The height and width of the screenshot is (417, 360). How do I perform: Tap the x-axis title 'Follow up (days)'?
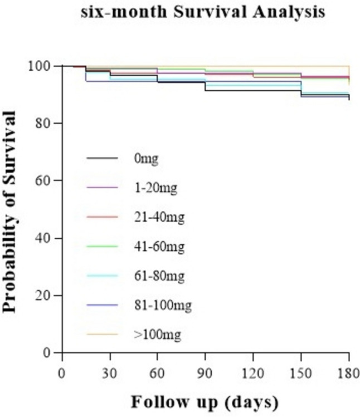click(205, 401)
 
